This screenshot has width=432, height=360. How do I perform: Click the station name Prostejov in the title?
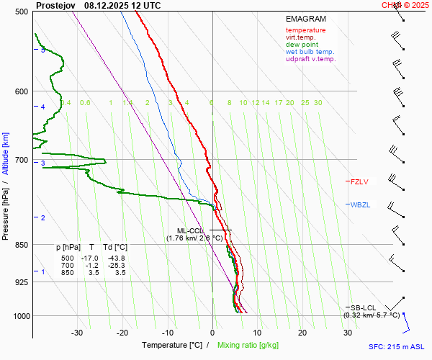coord(56,5)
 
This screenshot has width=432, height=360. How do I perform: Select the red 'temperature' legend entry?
coord(305,30)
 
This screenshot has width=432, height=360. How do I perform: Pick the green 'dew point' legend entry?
coord(303,45)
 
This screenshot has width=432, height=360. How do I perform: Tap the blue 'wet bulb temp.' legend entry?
coord(310,52)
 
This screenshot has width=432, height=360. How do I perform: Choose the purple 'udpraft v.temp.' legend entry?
coord(310,59)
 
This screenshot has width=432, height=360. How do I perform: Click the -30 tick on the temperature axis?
coord(77,333)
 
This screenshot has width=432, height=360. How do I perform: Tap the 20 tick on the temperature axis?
coord(302,333)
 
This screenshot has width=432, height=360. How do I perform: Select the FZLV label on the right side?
coord(359,182)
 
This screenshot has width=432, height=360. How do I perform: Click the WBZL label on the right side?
coord(360,205)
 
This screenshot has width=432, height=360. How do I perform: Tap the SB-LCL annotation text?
coord(363,307)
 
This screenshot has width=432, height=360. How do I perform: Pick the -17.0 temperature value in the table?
coord(89,258)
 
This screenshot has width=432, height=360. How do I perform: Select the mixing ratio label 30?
coord(318,103)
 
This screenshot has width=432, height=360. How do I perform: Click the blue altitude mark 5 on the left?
coord(43,50)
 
